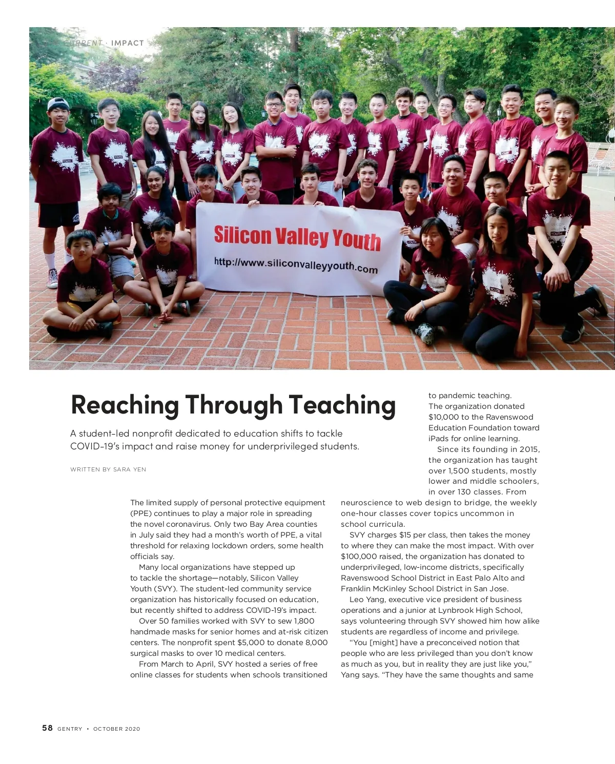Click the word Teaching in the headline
pos(342,405)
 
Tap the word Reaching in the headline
pos(125,405)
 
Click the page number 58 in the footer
pos(47,728)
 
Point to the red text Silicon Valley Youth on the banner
pos(297,238)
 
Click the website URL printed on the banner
pos(296,265)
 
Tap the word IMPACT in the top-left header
pos(128,43)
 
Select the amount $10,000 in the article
pos(444,417)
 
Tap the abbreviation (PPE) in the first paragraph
pos(140,513)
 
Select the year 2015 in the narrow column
pos(529,449)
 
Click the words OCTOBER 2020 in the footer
pos(116,729)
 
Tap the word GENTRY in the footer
pos(70,729)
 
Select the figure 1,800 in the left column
pos(304,621)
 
